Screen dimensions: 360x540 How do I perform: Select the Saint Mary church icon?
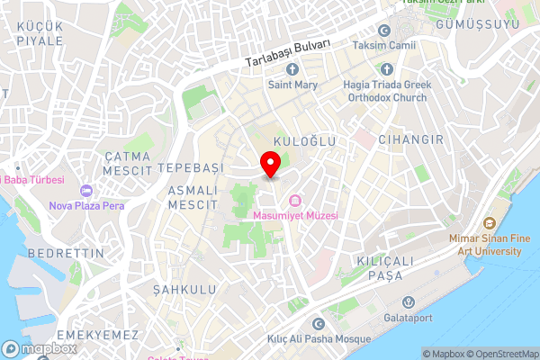(291, 69)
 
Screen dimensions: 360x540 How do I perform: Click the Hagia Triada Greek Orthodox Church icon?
(387, 69)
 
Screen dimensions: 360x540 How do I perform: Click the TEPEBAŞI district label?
(190, 168)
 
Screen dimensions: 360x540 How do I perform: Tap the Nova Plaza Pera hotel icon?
(86, 191)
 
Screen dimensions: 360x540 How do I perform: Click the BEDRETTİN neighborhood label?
(67, 254)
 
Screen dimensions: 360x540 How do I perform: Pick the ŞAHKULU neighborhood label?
(184, 289)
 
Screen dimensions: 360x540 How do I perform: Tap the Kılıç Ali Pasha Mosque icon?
(318, 324)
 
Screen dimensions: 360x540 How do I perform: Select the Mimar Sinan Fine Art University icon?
(490, 222)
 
